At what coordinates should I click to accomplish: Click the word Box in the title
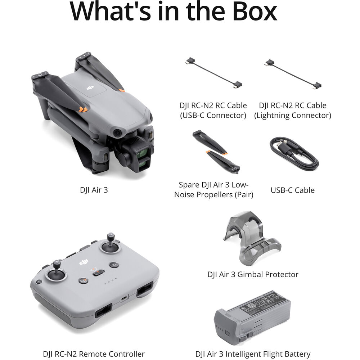point(250,12)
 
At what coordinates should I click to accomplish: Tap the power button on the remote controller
point(114,265)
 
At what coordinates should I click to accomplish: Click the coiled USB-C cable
point(293,153)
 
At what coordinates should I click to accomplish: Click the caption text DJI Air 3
point(94,190)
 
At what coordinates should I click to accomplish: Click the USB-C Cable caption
point(292,190)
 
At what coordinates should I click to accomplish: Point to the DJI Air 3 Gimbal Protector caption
point(253,274)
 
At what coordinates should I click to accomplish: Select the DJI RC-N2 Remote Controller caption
point(94,354)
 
